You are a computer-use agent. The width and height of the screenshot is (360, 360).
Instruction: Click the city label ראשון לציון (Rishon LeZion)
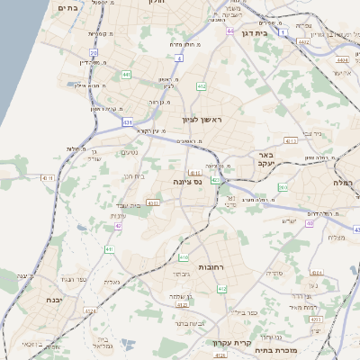point(200,118)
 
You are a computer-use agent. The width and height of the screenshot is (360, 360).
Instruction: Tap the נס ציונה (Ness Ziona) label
point(179,181)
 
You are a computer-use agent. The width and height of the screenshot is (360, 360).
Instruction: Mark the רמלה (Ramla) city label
point(345,182)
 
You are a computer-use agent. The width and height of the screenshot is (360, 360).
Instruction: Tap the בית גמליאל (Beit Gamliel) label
point(102,340)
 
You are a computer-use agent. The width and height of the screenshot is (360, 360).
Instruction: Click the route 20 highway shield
point(94,55)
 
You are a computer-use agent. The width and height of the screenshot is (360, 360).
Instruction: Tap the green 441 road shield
point(126,74)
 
